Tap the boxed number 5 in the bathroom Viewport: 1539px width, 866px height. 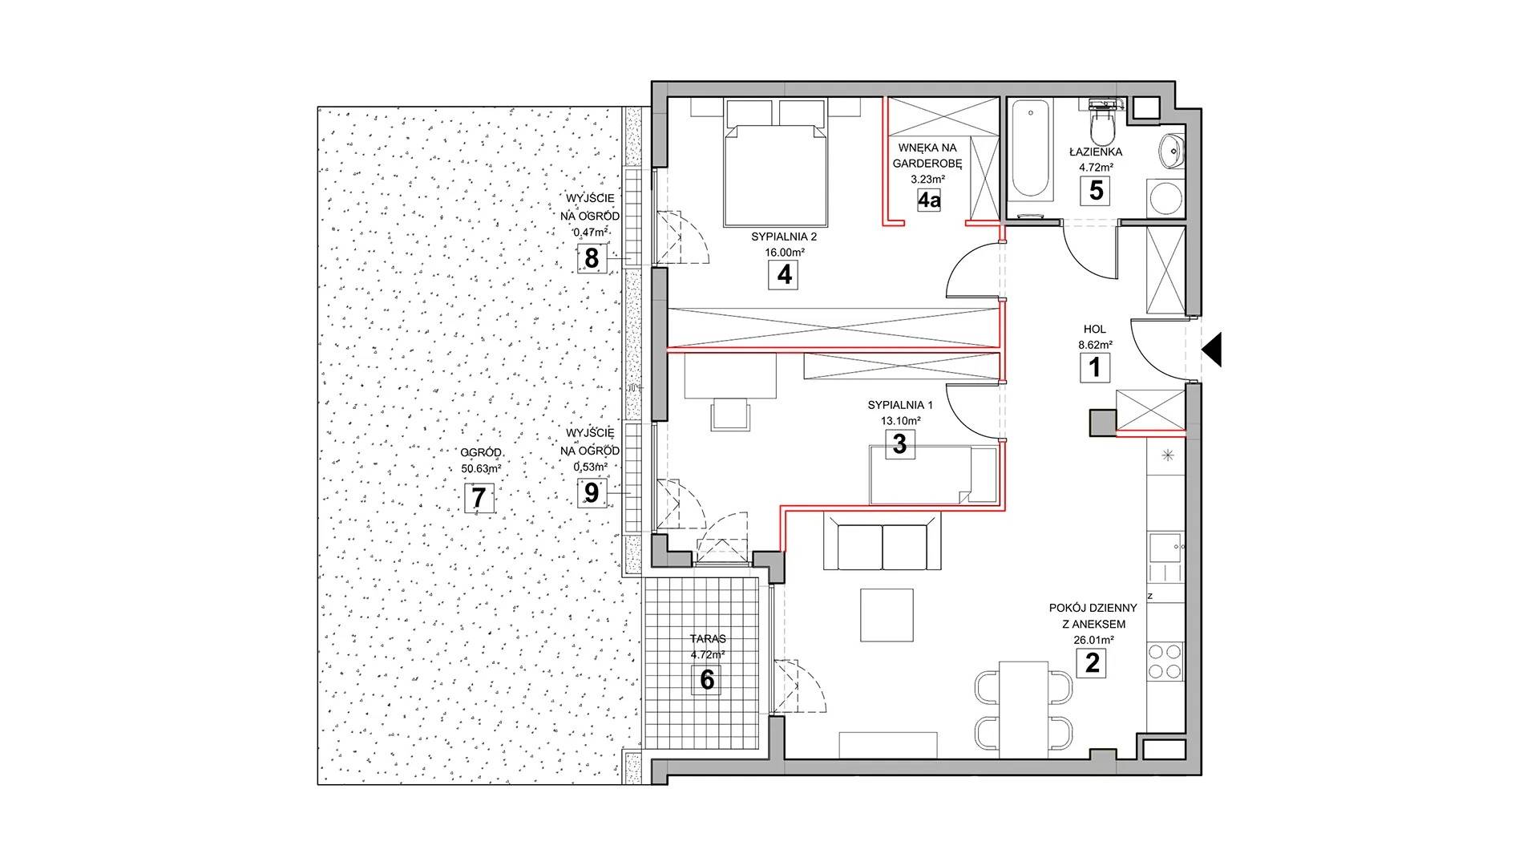point(1095,190)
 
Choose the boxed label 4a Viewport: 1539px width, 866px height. point(929,199)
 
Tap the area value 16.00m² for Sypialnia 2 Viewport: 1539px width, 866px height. point(785,252)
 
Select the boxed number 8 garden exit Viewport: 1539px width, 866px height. point(592,259)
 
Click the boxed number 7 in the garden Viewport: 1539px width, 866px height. point(479,498)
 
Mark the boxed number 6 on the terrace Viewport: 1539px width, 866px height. point(706,679)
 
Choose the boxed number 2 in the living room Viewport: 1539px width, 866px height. point(1091,664)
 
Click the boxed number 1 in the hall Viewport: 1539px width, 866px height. point(1095,368)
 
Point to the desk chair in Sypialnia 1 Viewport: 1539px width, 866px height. point(730,415)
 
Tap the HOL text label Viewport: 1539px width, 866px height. point(1094,330)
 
